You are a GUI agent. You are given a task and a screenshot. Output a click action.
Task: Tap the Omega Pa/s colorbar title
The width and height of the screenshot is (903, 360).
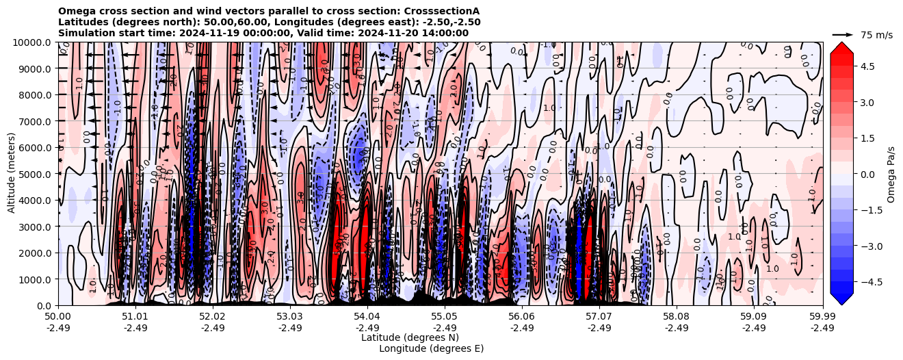pyautogui.click(x=891, y=174)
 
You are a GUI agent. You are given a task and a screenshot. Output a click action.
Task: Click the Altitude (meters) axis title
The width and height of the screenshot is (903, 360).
pyautogui.click(x=12, y=174)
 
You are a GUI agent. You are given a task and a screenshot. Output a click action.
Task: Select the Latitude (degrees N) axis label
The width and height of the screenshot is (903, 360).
pyautogui.click(x=410, y=337)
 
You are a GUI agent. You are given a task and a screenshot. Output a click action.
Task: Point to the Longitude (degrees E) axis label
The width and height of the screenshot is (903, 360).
pyautogui.click(x=431, y=348)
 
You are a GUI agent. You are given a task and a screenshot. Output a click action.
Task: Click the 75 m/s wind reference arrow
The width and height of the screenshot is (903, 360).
pyautogui.click(x=843, y=34)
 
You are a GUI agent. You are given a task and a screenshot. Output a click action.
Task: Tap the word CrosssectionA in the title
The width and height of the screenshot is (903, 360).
pyautogui.click(x=442, y=12)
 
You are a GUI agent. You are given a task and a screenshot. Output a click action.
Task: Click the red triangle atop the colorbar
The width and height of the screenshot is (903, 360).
pyautogui.click(x=841, y=47)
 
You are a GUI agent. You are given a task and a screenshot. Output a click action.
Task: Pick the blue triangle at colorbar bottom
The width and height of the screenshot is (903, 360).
pyautogui.click(x=841, y=299)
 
